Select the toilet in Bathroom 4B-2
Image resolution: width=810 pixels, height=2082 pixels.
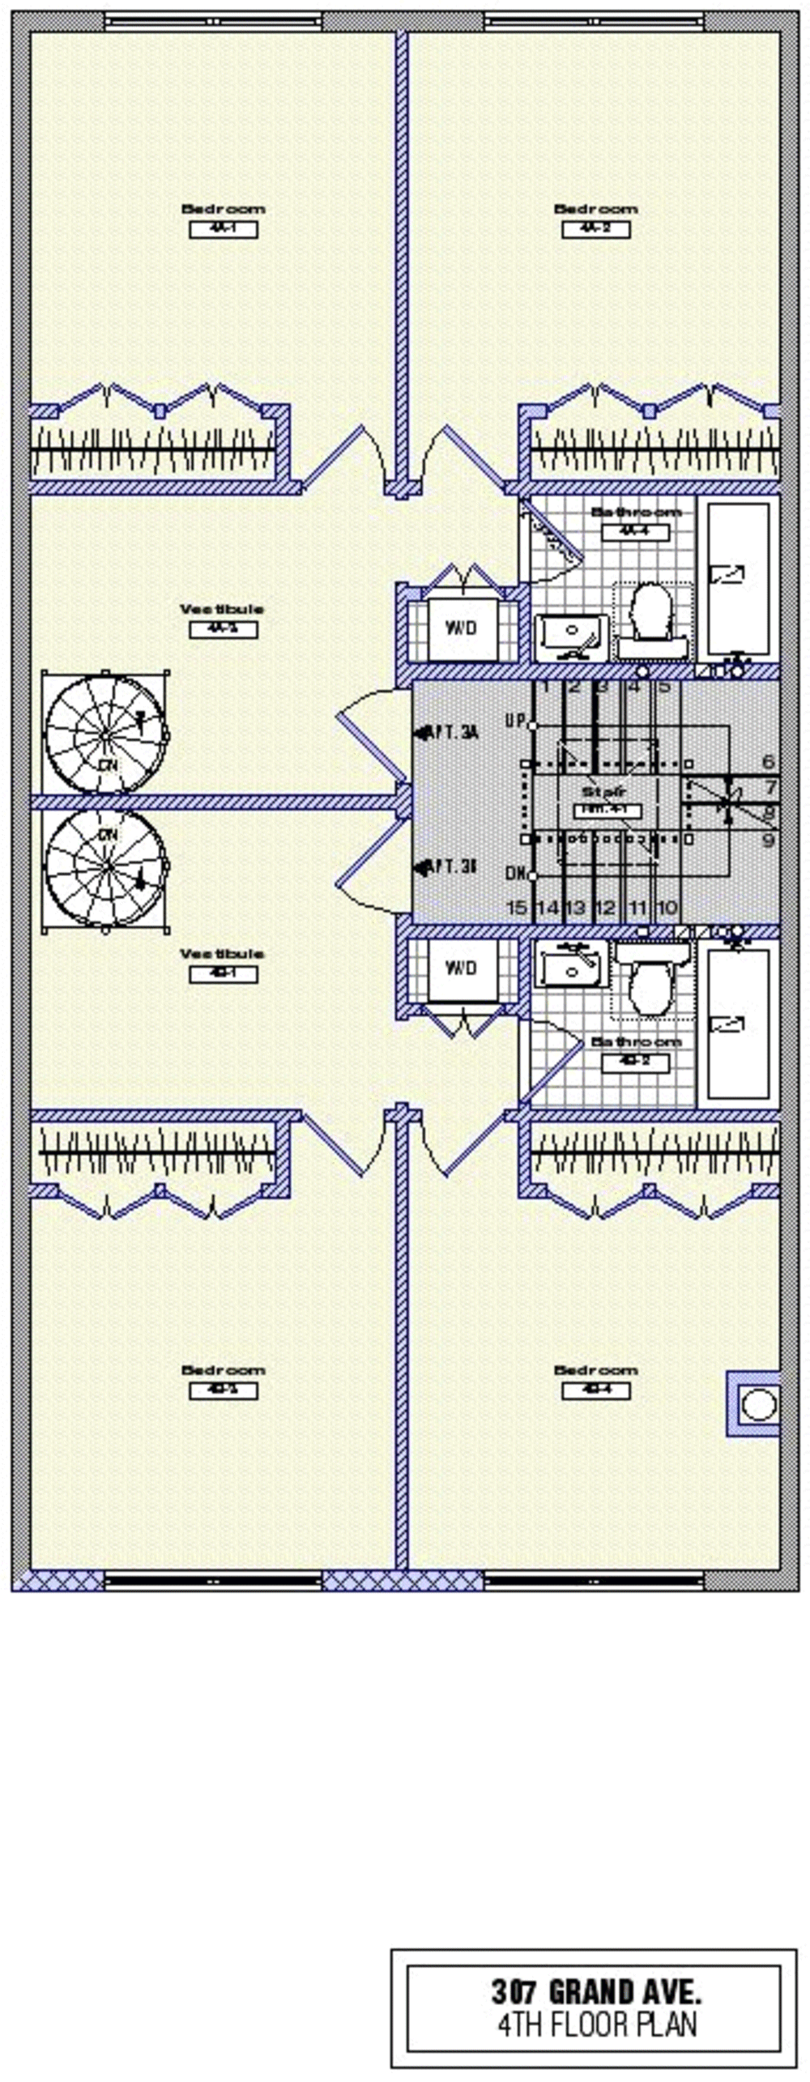pyautogui.click(x=652, y=985)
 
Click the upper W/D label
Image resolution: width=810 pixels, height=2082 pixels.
pyautogui.click(x=461, y=628)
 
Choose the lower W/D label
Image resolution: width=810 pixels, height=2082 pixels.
pyautogui.click(x=461, y=969)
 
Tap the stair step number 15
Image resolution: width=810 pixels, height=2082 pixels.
pyautogui.click(x=516, y=907)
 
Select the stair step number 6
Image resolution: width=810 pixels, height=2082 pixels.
pyautogui.click(x=769, y=762)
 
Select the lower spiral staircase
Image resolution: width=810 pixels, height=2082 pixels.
pyautogui.click(x=106, y=866)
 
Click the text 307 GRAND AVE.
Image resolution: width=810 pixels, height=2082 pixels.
pyautogui.click(x=596, y=1990)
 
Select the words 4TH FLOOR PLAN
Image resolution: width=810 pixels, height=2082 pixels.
pyautogui.click(x=596, y=2025)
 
